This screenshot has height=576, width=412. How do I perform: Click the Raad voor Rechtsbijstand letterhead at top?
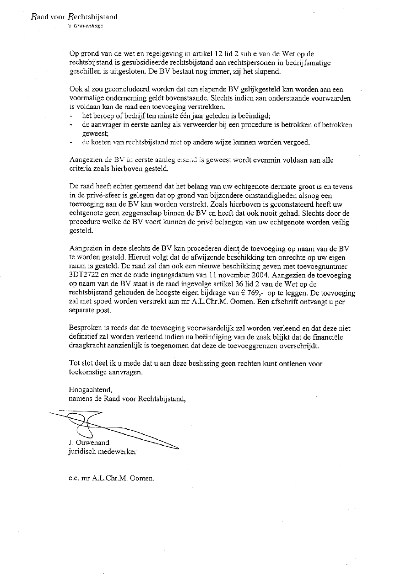pyautogui.click(x=74, y=17)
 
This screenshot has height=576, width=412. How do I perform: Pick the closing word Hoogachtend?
pyautogui.click(x=90, y=389)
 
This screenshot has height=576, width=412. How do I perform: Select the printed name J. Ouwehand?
pyautogui.click(x=88, y=443)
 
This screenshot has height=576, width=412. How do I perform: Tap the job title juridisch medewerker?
pyautogui.click(x=102, y=451)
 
